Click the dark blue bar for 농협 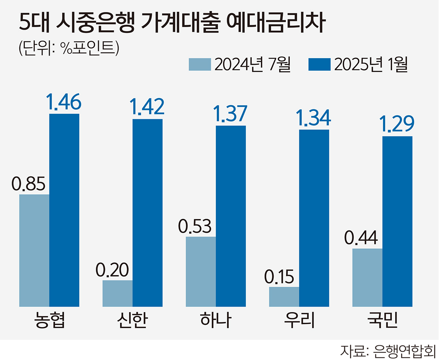pyautogui.click(x=64, y=210)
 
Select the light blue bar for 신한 pyautogui.click(x=117, y=293)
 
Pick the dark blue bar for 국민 pyautogui.click(x=397, y=221)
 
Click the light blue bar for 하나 pyautogui.click(x=200, y=271)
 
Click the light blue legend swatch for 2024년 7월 pyautogui.click(x=200, y=64)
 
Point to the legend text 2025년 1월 pyautogui.click(x=371, y=64)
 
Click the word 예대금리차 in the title pyautogui.click(x=276, y=24)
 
